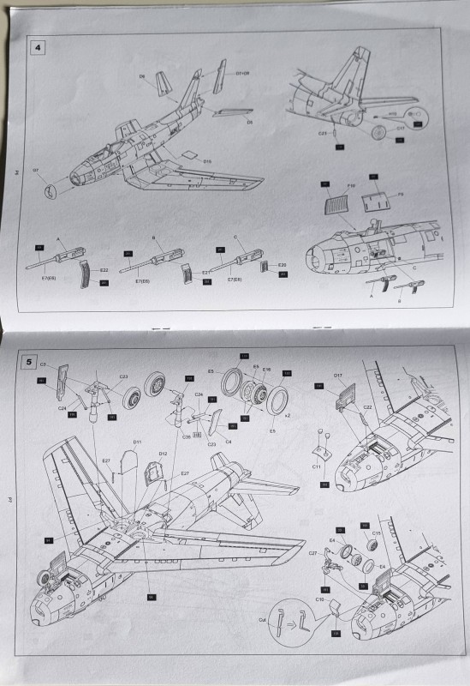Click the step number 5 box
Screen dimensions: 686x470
click(31, 362)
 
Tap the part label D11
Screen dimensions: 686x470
click(137, 442)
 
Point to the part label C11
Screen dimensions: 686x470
click(316, 466)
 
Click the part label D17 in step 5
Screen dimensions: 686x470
click(338, 376)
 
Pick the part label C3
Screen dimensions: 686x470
click(43, 365)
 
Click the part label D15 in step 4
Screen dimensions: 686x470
click(207, 159)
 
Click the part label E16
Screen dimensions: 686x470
click(267, 369)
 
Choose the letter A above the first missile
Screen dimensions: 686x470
click(59, 239)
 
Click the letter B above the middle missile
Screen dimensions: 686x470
click(152, 239)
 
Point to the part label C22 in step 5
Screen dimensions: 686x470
click(366, 407)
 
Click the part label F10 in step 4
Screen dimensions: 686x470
click(328, 184)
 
